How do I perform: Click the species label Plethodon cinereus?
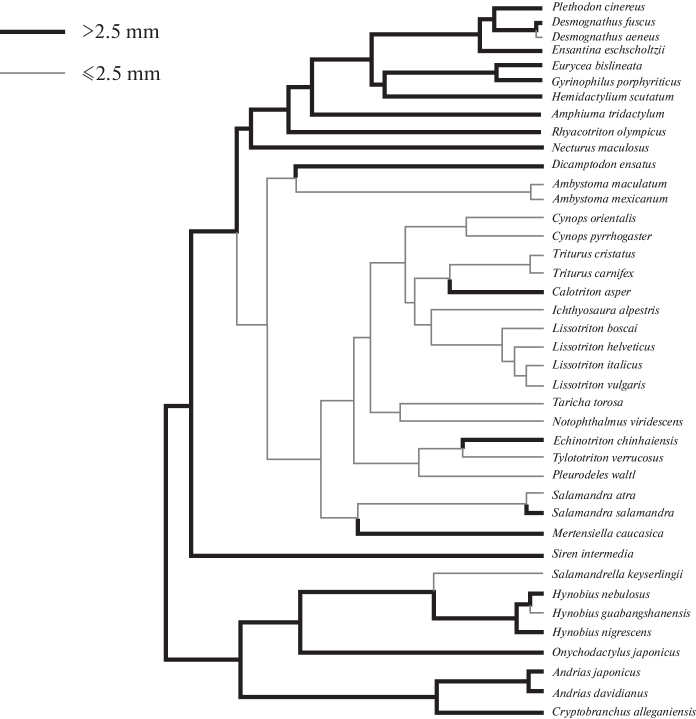point(598,7)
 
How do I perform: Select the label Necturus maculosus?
point(600,148)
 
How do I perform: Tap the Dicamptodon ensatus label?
point(603,164)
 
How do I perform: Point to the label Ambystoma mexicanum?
point(609,199)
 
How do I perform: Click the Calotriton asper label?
point(591,292)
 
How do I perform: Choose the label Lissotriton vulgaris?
point(598,385)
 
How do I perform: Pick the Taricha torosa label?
point(587,402)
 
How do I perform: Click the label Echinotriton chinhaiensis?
point(615,441)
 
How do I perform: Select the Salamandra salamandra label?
point(612,513)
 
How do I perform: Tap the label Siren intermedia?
point(592,554)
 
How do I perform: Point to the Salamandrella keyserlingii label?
point(617,574)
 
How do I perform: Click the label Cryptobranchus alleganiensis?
point(623,712)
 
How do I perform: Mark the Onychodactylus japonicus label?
point(615,652)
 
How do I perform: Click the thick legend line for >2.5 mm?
point(32,31)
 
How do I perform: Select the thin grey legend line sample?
point(32,73)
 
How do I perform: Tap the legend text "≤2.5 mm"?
point(121,73)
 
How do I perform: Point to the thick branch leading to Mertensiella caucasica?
point(450,534)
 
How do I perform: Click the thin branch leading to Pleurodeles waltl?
point(480,476)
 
